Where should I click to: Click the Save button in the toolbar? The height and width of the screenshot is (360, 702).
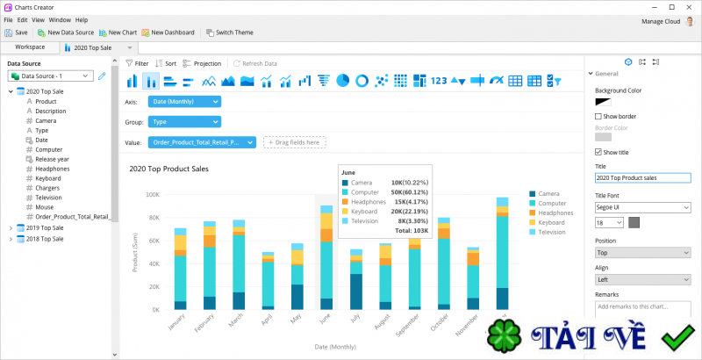coord(16,32)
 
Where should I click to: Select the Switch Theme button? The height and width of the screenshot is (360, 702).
coord(229,32)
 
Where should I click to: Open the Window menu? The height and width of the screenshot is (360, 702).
coord(60,19)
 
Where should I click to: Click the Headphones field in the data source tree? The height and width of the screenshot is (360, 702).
coord(54,169)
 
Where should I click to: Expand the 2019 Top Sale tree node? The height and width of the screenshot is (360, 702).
coord(11,228)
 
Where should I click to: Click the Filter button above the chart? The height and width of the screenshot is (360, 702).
coord(136,64)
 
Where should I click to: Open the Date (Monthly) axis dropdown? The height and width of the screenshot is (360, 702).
coord(185,102)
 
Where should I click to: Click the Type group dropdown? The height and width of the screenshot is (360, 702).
coord(185,122)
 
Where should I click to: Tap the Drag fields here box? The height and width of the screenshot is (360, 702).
coord(294,142)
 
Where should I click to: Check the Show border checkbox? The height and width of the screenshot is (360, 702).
coord(598,116)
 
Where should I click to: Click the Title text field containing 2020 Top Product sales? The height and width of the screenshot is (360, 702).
coord(642,177)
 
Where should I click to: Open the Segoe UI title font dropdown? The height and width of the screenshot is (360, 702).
coord(642,208)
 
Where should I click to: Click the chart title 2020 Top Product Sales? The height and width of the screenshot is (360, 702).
coord(168,169)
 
